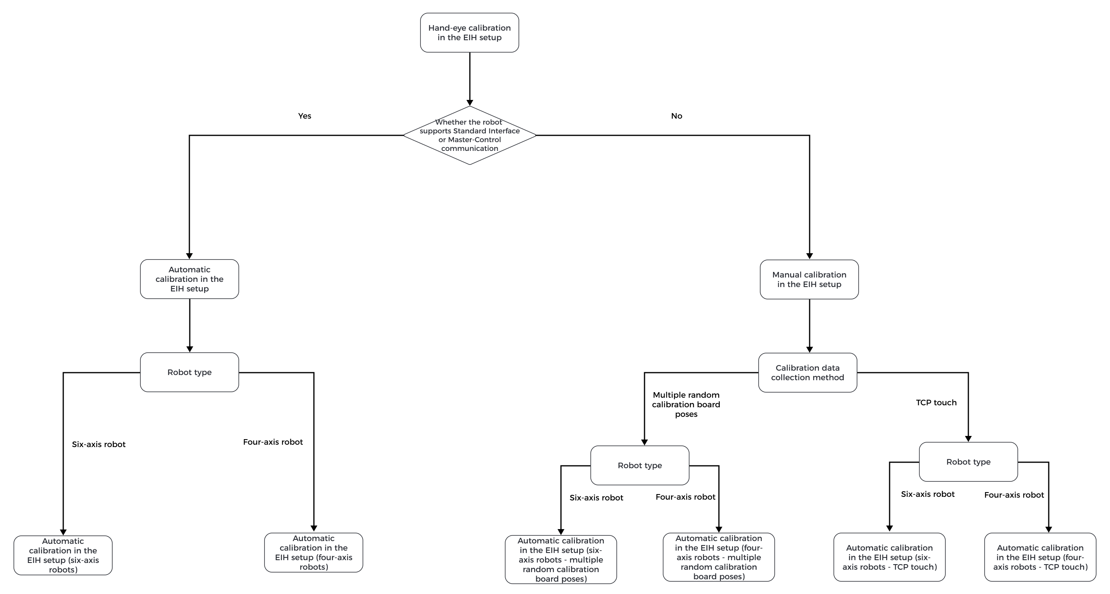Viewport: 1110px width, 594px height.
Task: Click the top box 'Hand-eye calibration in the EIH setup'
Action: tap(469, 33)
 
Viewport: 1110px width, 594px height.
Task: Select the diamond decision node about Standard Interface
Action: tap(469, 135)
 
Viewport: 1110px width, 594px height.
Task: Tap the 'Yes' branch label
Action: tap(304, 116)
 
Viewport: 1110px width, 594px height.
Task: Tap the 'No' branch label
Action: tap(676, 116)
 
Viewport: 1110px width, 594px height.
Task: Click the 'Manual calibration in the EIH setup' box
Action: tap(809, 279)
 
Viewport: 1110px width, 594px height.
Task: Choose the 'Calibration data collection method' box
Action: tap(807, 372)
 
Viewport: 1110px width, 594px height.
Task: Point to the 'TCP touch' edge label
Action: tap(936, 403)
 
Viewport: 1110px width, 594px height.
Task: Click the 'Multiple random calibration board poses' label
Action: tap(685, 404)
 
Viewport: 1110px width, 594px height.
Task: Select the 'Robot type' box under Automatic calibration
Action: tap(189, 372)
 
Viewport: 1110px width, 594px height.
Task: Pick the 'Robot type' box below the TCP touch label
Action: tap(968, 462)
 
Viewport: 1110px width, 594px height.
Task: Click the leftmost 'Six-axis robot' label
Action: tap(99, 444)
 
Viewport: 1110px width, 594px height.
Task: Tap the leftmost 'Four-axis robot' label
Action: tap(273, 442)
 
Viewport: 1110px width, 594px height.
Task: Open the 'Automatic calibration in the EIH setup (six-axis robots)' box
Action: tap(63, 555)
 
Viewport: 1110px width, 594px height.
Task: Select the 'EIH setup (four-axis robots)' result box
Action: tap(313, 553)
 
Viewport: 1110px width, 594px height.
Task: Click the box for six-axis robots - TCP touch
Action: tap(889, 557)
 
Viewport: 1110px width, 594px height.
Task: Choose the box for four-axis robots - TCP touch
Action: tap(1040, 557)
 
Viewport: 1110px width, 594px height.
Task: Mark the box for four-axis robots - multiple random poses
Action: tap(718, 557)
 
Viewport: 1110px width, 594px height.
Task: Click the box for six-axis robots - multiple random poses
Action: tap(561, 559)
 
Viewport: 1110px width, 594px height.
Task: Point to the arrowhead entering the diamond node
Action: tap(469, 103)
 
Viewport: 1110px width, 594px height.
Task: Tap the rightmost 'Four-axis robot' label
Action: tap(1013, 495)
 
